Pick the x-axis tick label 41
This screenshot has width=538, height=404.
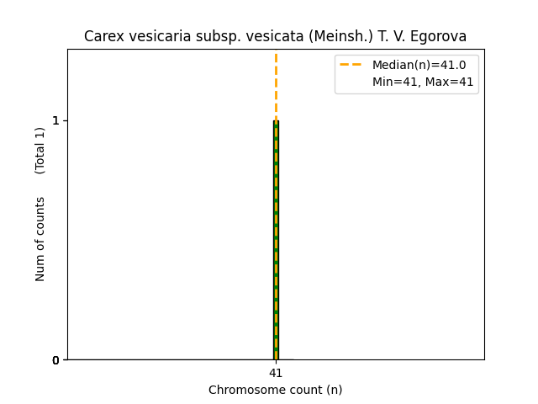276,373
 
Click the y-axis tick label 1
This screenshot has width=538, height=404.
55,120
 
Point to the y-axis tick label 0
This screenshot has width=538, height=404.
55,360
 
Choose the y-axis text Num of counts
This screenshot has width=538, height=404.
40,239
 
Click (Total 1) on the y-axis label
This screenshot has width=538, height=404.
40,151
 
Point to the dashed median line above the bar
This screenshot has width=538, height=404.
276,84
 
